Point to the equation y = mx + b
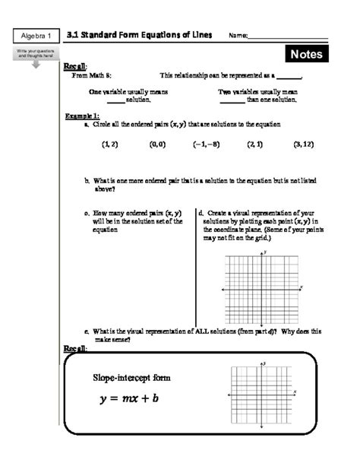click(x=125, y=398)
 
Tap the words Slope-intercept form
click(x=131, y=377)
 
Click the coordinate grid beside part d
click(x=262, y=288)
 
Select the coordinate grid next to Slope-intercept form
click(x=262, y=394)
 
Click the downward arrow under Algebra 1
click(x=35, y=64)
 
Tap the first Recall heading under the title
click(x=76, y=66)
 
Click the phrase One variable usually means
click(x=128, y=91)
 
